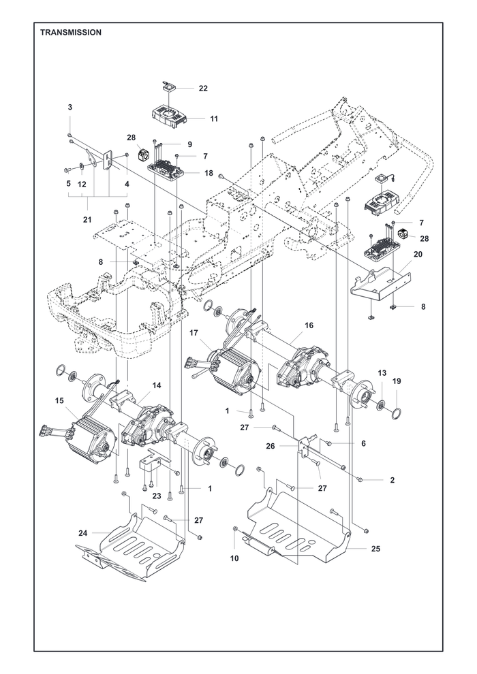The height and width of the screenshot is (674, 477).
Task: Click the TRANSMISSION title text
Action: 71,32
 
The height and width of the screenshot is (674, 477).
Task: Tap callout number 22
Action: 203,89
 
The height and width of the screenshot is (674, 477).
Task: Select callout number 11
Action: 214,118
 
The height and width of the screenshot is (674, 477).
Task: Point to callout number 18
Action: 209,173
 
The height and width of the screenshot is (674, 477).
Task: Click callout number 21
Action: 87,220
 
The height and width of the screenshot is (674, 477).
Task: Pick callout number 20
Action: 418,255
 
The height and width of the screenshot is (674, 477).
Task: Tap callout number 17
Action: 194,333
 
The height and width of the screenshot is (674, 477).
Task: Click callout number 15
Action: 59,400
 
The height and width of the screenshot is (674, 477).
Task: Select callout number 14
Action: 157,385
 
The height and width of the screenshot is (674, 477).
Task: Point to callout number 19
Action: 397,381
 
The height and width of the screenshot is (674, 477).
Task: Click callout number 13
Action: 382,372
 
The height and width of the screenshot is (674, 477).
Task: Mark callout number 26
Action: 270,446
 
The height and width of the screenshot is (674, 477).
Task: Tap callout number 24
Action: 83,533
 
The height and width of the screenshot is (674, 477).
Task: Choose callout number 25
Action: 375,549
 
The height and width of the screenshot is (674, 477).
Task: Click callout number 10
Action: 234,558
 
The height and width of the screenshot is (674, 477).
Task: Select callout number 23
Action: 157,496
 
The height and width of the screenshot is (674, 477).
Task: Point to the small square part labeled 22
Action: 168,88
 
